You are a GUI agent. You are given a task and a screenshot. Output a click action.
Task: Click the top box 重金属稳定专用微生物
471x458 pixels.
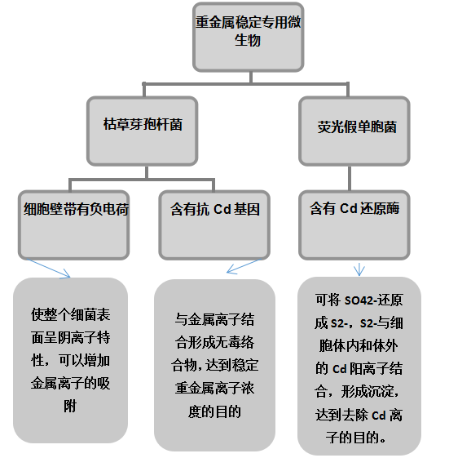coord(248,37)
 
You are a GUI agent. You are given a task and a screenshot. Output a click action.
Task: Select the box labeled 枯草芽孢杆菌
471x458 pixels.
coord(142,131)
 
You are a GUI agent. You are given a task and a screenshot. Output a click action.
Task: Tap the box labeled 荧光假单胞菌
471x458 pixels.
coord(354,131)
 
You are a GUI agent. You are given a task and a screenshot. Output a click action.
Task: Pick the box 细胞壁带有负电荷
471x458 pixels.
coord(74,225)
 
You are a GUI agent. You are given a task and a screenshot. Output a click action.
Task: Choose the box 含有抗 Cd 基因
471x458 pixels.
coord(214,225)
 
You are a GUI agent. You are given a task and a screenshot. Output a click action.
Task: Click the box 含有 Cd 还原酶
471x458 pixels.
coord(354,225)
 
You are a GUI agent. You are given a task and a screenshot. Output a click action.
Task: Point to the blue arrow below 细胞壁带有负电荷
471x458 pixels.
coord(48,269)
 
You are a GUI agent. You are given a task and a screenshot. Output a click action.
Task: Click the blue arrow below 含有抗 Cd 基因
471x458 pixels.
coord(244,267)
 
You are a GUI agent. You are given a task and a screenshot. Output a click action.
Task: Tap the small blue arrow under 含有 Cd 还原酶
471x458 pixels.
coord(359,269)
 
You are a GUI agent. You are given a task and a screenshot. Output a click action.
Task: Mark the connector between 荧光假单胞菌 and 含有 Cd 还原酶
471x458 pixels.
coord(350,178)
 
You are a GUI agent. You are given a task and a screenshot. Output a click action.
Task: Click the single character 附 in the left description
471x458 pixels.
coord(70,407)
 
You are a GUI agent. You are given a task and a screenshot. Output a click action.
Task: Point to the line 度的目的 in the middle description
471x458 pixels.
coord(214,411)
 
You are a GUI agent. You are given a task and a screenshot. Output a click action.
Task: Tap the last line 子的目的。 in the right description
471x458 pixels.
coord(356,438)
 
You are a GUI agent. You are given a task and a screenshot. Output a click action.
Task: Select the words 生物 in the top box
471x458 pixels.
coord(248,40)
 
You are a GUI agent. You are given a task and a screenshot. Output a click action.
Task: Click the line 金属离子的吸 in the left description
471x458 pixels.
coord(70,383)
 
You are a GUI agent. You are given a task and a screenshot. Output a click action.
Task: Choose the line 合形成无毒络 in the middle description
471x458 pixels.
coord(214,342)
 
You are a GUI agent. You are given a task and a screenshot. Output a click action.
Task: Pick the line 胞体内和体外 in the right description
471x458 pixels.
coord(359,346)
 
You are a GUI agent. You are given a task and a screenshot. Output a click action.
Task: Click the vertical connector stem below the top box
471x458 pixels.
coord(251,78)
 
